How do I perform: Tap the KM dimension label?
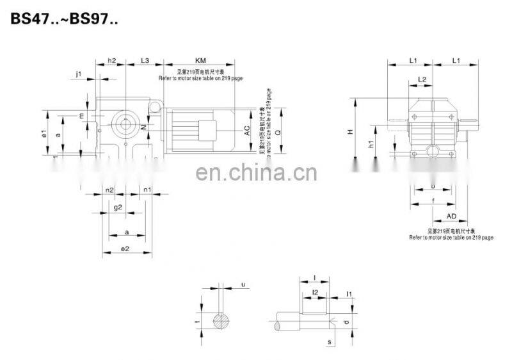[200, 60]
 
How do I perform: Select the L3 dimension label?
[145, 60]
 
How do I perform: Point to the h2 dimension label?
[111, 60]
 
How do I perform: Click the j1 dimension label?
[79, 74]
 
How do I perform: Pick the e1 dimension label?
[44, 135]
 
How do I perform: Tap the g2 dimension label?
[118, 208]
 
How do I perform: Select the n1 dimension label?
[147, 190]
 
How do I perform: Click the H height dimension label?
[350, 131]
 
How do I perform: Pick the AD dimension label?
[451, 217]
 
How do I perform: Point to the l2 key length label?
[314, 292]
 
